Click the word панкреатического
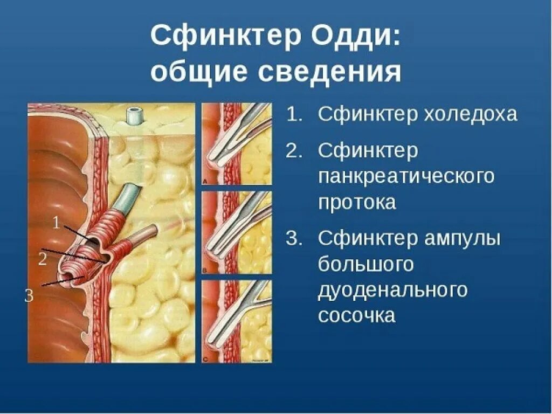[405, 176]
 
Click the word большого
[365, 264]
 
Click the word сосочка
[356, 315]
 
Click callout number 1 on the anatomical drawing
[57, 222]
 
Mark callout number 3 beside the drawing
[29, 295]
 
